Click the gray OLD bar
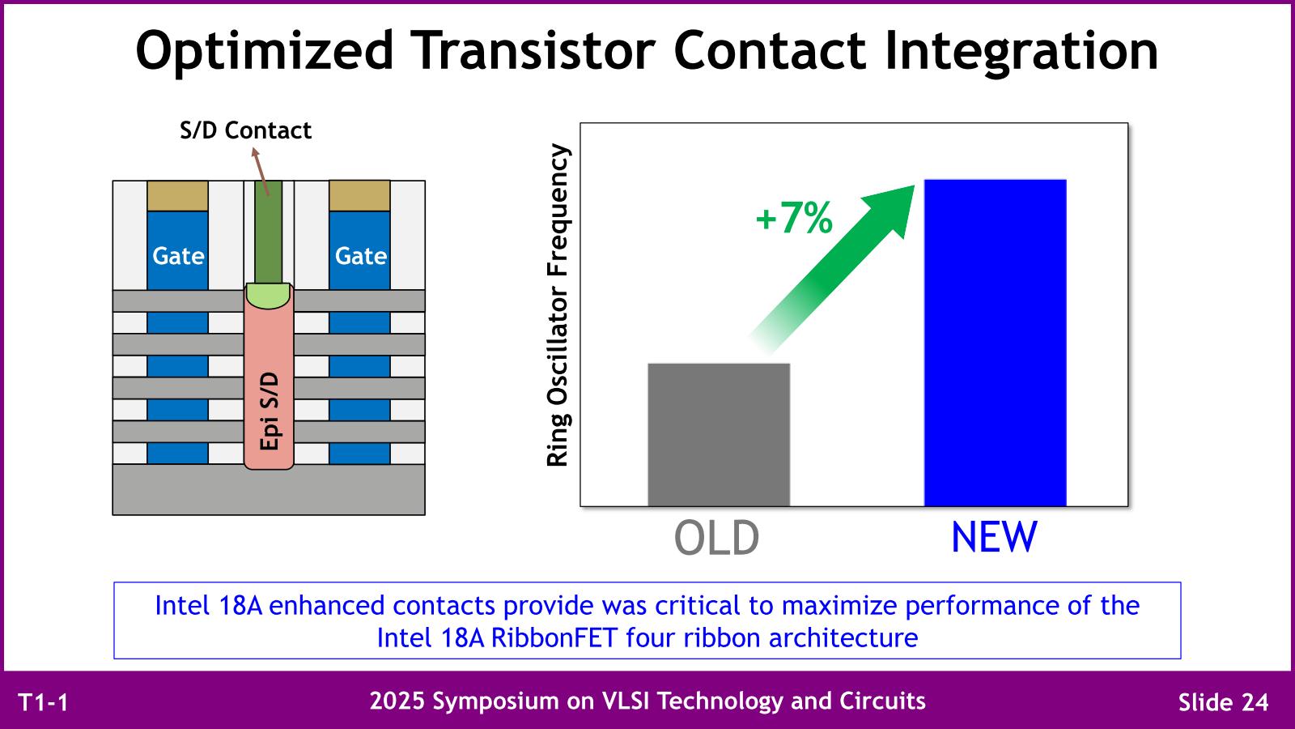coord(719,434)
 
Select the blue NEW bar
coord(995,343)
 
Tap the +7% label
coord(794,218)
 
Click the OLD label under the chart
coord(716,538)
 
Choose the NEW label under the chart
coord(995,538)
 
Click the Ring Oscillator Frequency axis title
coord(558,305)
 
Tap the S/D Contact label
coord(246,130)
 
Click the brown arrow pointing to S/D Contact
coord(260,171)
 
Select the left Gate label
coord(178,256)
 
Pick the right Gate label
coord(361,256)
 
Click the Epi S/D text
coord(270,411)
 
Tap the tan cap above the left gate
coord(177,195)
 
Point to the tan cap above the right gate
coord(359,195)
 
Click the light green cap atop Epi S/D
coord(268,295)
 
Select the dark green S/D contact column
coord(269,232)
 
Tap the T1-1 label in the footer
coord(44,702)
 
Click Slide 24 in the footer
coord(1223,702)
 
